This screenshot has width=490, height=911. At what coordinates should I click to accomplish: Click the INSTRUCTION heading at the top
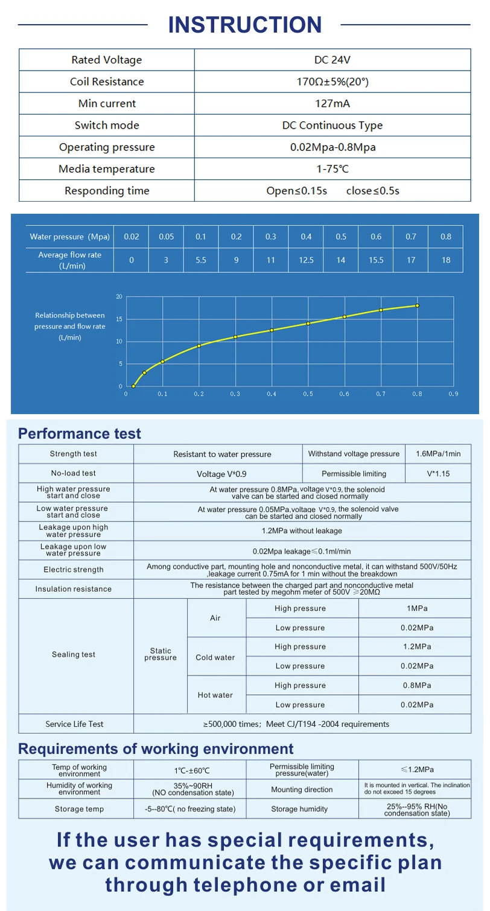[244, 25]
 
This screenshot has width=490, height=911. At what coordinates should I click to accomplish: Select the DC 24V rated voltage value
[332, 60]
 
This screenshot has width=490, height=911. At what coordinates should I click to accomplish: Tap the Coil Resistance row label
[107, 82]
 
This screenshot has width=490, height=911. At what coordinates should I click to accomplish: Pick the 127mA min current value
[332, 103]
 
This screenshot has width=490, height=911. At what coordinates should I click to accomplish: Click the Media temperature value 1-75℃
[332, 169]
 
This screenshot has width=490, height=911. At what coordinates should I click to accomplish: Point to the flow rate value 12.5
[306, 260]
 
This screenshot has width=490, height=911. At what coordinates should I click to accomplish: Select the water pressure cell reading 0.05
[166, 237]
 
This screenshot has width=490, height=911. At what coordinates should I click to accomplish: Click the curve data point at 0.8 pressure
[417, 305]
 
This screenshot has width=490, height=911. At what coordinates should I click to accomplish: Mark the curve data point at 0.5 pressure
[308, 323]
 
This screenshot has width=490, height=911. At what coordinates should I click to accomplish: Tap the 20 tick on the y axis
[119, 296]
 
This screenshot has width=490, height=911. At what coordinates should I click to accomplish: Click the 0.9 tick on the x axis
[453, 394]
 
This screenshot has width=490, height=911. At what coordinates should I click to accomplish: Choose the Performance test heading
[80, 433]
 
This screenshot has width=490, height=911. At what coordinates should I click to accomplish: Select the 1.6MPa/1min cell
[438, 454]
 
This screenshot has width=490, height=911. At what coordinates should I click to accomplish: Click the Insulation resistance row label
[73, 589]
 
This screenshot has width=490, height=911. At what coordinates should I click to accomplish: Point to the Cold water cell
[215, 657]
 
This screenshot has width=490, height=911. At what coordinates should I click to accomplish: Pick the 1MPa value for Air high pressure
[417, 609]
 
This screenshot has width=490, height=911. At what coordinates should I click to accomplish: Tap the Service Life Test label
[74, 724]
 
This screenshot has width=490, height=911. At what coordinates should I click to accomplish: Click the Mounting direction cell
[302, 790]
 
